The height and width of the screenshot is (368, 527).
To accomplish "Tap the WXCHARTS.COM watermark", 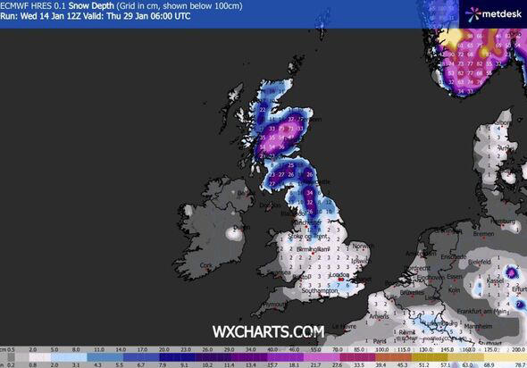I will (267, 332).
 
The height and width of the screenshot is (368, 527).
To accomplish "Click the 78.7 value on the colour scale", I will (517, 363).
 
